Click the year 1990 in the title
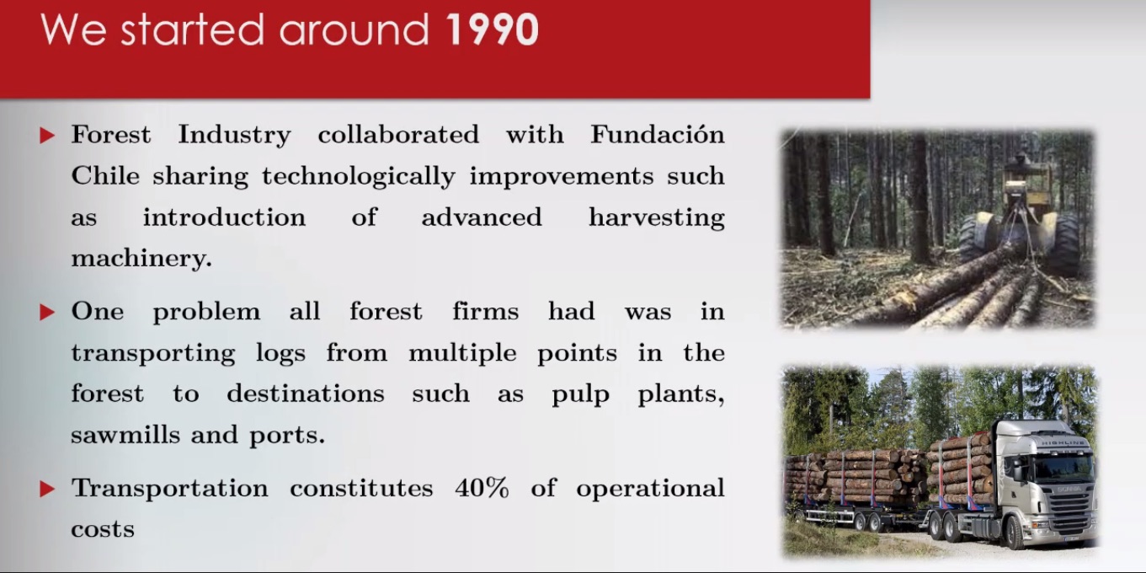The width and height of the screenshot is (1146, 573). point(493,30)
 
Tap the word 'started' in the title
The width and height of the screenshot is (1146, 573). point(192,30)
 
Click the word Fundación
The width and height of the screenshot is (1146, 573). point(658,135)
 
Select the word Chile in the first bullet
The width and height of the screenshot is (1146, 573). point(105,175)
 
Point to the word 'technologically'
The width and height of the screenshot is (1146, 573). point(358,177)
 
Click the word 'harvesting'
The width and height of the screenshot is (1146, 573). point(657,217)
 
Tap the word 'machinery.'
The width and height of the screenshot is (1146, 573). point(141,258)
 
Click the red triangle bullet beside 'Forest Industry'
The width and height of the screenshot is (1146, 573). point(47,136)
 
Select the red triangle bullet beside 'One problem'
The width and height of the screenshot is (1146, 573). point(47,313)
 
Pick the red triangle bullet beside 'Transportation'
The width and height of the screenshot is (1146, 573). point(47,489)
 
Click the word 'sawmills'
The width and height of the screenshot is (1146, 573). point(125,435)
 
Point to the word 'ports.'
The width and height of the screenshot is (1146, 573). point(287,436)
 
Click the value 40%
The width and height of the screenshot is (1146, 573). point(482,487)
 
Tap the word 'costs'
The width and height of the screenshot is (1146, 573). point(103,529)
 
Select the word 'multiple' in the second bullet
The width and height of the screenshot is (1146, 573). point(462,353)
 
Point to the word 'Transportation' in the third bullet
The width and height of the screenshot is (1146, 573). point(169,488)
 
